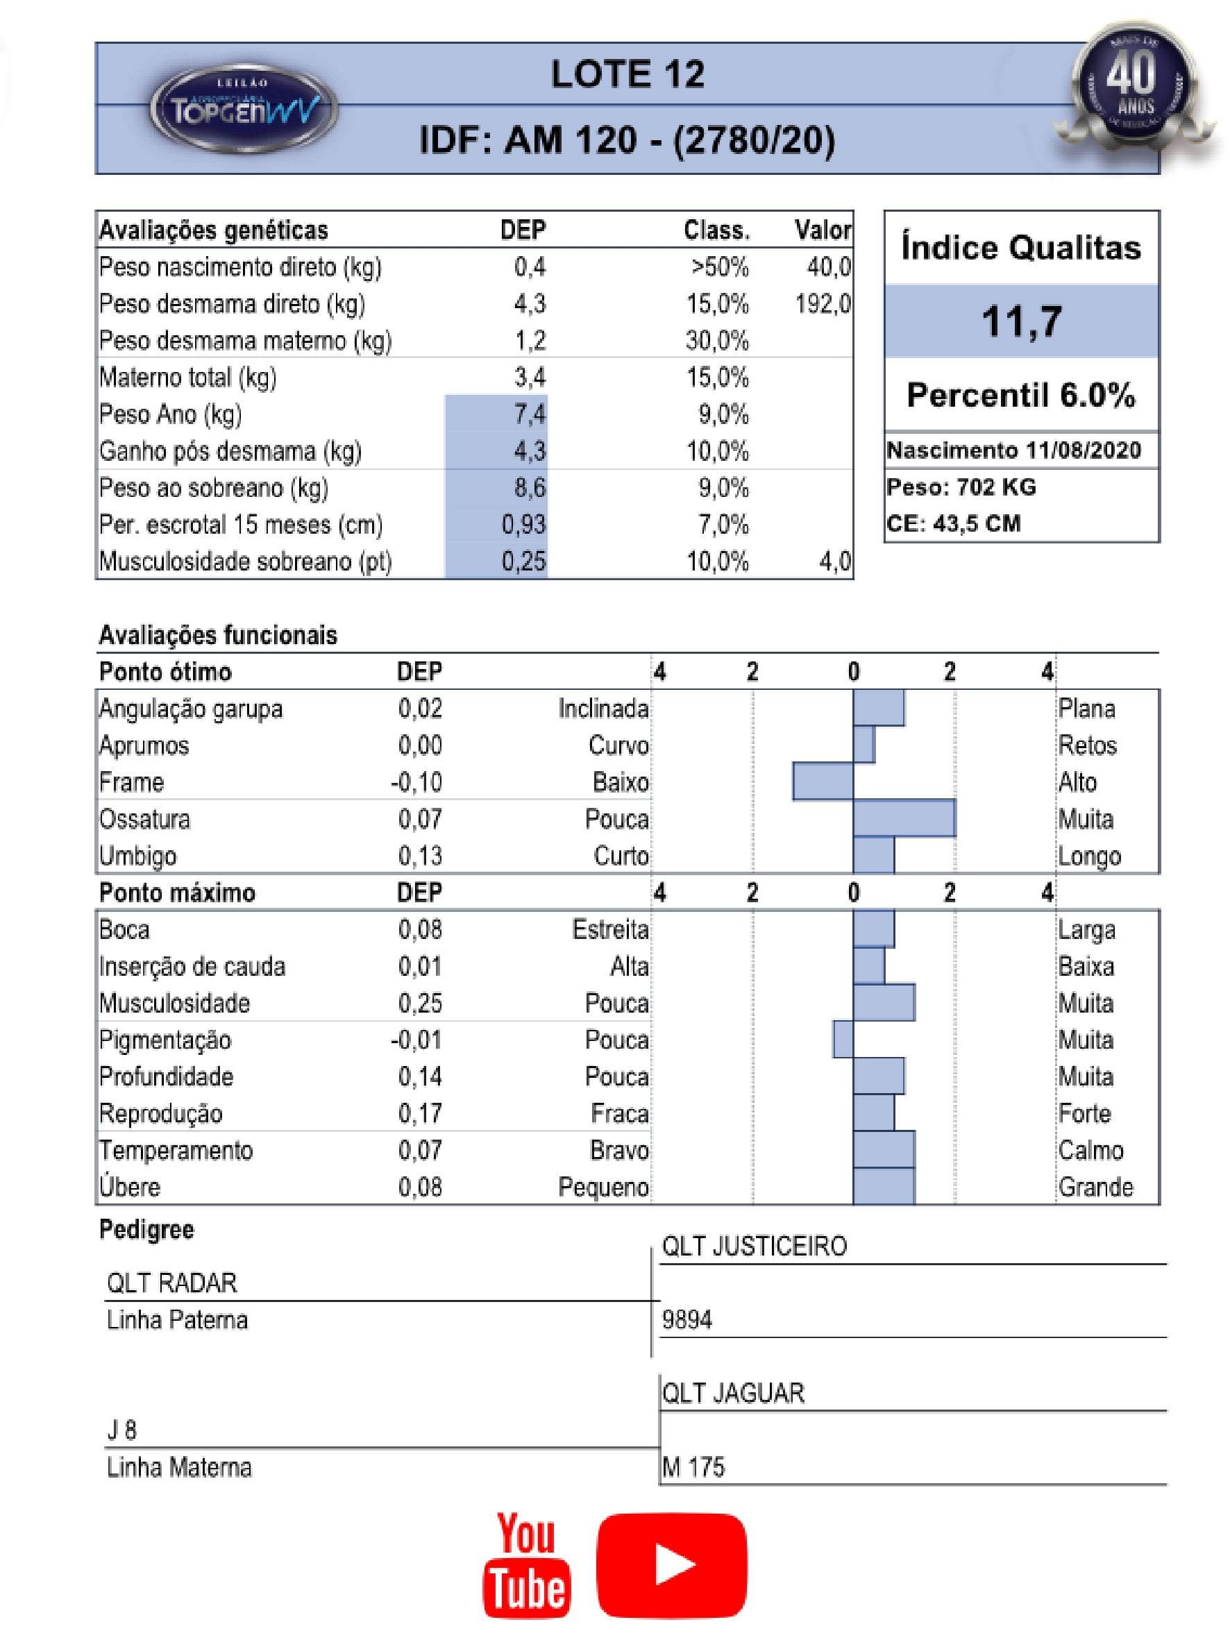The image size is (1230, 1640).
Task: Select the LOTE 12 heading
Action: [x=627, y=74]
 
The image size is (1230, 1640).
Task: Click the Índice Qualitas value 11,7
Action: [x=1021, y=322]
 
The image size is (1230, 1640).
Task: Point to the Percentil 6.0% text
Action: [x=1021, y=395]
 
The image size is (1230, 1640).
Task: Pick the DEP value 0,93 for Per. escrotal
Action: [x=523, y=525]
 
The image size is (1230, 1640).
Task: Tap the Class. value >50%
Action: [x=719, y=267]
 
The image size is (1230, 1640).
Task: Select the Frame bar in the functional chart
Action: [x=823, y=781]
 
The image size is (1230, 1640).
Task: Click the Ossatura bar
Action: [x=903, y=818]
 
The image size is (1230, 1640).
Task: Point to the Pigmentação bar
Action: [x=842, y=1040]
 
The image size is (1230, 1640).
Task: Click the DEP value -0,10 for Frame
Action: [x=416, y=782]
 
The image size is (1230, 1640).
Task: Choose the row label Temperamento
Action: [x=176, y=1150]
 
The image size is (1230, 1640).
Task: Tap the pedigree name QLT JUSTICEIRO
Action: [x=754, y=1246]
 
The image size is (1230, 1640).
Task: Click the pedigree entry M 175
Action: [x=693, y=1466]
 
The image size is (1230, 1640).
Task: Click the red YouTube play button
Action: [x=671, y=1564]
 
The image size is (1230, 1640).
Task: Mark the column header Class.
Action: [x=716, y=230]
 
